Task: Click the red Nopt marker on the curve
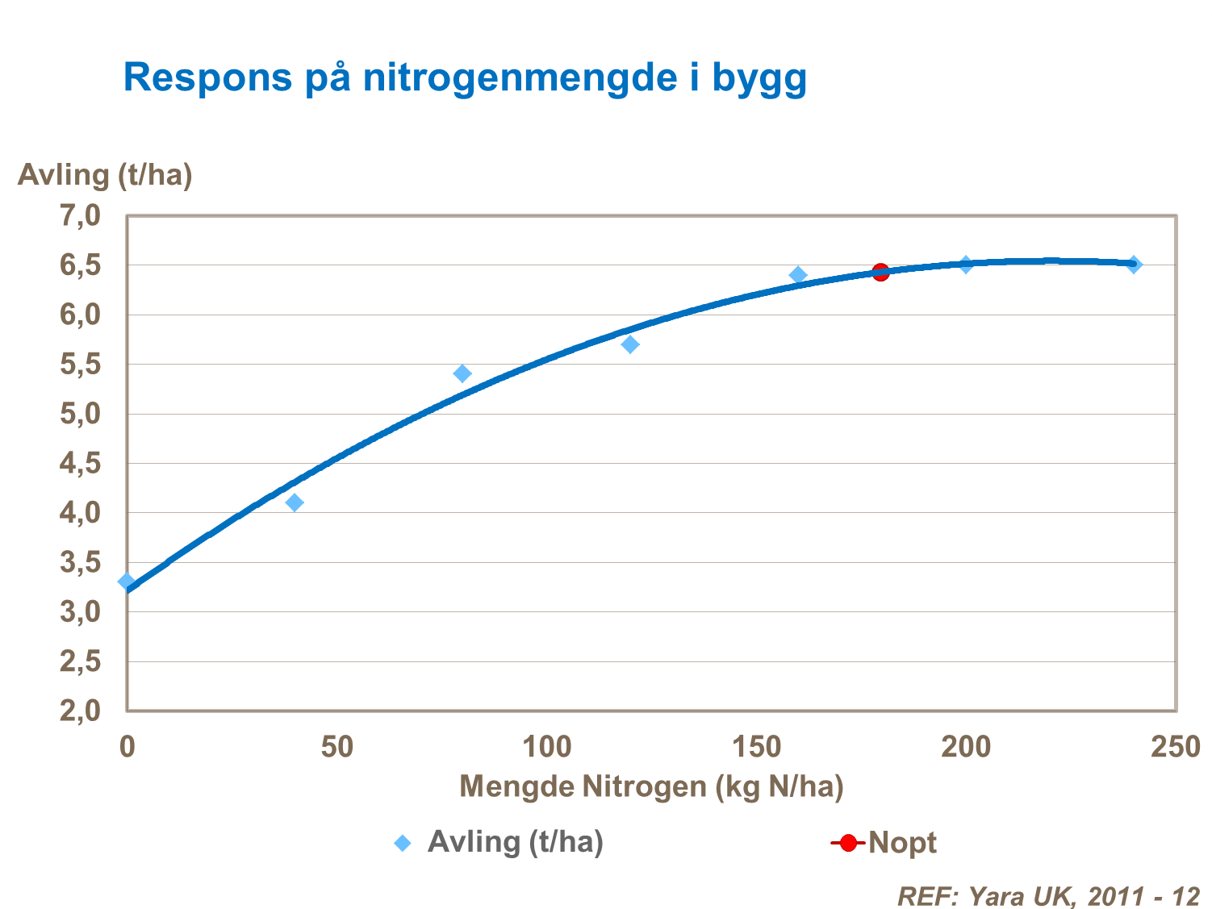[880, 272]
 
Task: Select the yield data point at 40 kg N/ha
[295, 502]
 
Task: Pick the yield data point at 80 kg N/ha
[462, 373]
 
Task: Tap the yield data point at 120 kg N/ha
[630, 344]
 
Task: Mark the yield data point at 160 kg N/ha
[798, 275]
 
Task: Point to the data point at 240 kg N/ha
[1134, 265]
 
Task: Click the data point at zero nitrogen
[127, 582]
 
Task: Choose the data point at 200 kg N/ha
[966, 265]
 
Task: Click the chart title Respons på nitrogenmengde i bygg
[465, 78]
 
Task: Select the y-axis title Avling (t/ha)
[105, 175]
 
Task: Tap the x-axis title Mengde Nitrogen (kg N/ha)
[651, 786]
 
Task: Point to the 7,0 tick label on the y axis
[80, 216]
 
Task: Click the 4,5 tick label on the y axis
[80, 464]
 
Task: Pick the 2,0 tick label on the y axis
[80, 711]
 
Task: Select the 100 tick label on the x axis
[546, 747]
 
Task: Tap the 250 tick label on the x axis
[1175, 747]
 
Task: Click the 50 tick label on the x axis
[336, 747]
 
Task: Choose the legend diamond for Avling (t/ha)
[402, 844]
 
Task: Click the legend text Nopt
[902, 843]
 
